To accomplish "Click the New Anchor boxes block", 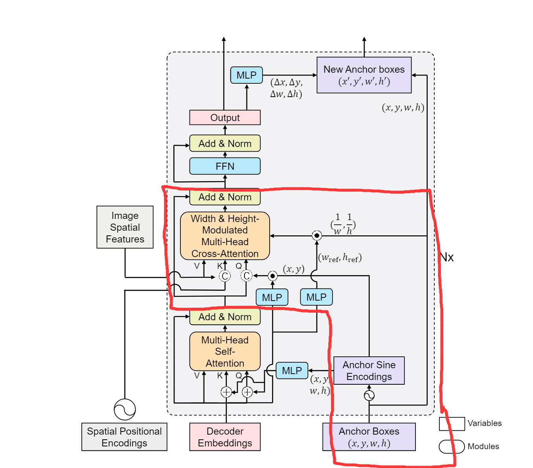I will tap(364, 75).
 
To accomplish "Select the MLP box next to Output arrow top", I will tap(246, 75).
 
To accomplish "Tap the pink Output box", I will tap(225, 117).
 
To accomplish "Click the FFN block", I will tap(225, 166).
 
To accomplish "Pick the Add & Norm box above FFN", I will tap(225, 143).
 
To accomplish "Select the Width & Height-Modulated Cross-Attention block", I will tap(225, 236).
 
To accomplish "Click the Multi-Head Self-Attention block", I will tap(225, 351).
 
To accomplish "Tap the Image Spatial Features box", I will tap(125, 227).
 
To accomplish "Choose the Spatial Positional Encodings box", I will tap(124, 437).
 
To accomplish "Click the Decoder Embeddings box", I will tap(225, 437).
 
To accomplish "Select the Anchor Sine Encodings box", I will tap(369, 371).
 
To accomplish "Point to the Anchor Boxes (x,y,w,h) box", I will tap(369, 437).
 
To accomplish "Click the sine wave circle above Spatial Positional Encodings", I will tap(125, 409).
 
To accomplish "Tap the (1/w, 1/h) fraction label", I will tap(343, 224).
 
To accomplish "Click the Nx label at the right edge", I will tap(447, 257).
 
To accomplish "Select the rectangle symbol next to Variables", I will tap(452, 424).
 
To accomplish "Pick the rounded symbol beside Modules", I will tap(452, 446).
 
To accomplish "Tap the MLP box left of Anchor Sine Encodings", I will tap(292, 371).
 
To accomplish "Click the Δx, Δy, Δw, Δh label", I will tap(286, 88).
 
